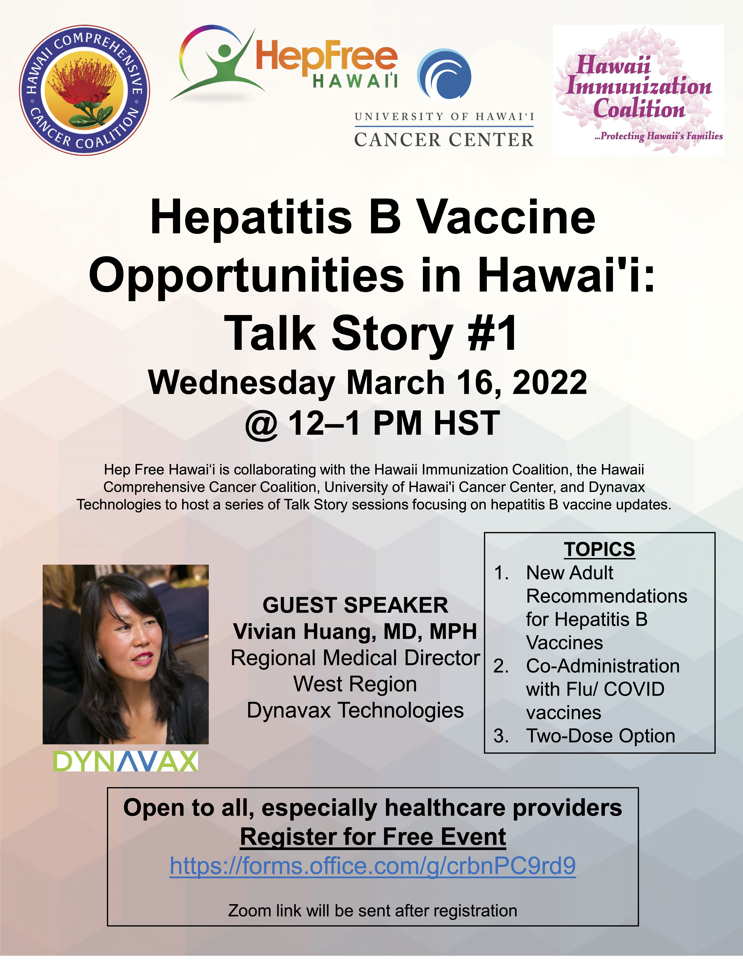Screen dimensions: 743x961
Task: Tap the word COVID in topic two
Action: pyautogui.click(x=634, y=689)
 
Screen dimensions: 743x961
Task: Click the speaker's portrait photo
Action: pyautogui.click(x=125, y=654)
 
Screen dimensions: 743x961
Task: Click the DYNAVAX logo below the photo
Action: pyautogui.click(x=125, y=761)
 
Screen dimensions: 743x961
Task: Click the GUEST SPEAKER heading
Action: pyautogui.click(x=355, y=605)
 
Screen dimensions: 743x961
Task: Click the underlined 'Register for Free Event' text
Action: pyautogui.click(x=373, y=836)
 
